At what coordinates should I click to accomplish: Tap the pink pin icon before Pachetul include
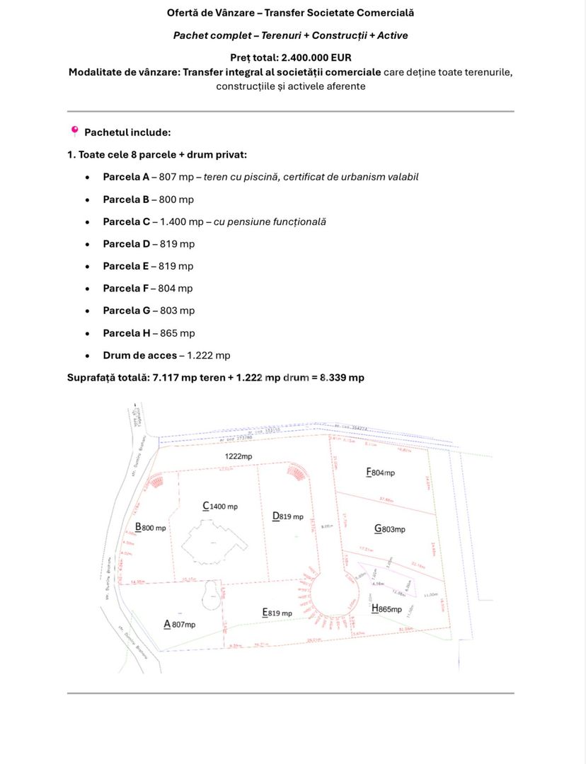(x=74, y=131)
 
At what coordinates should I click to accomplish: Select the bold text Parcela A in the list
(x=126, y=177)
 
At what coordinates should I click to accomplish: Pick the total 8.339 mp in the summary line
(x=342, y=378)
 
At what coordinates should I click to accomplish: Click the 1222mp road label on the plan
(x=239, y=456)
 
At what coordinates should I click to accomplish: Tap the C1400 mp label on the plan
(x=220, y=507)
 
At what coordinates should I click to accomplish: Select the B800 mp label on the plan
(x=151, y=528)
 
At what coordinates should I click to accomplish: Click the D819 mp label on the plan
(x=288, y=516)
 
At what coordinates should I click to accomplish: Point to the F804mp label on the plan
(x=380, y=473)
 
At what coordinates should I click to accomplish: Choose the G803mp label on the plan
(x=390, y=528)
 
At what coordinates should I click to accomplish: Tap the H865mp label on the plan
(x=386, y=608)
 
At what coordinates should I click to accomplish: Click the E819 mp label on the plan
(x=277, y=613)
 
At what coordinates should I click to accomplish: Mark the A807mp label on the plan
(x=180, y=624)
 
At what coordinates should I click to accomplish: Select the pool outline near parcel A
(x=210, y=594)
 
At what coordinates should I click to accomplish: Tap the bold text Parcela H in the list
(x=126, y=333)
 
